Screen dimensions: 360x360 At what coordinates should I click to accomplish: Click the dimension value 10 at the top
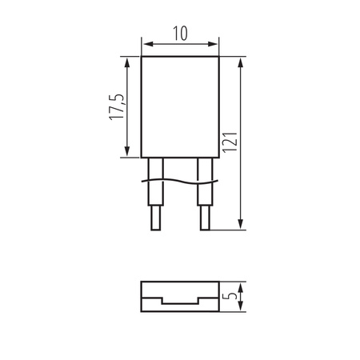[179, 33]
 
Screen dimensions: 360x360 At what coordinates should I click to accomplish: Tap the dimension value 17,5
[117, 106]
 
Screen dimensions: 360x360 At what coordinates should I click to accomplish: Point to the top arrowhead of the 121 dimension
[240, 60]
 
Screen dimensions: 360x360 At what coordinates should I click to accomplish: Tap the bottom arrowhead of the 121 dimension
[240, 227]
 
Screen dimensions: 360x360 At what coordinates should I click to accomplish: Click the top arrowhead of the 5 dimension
[240, 284]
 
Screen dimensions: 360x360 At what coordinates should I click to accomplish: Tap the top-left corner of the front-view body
[141, 56]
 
